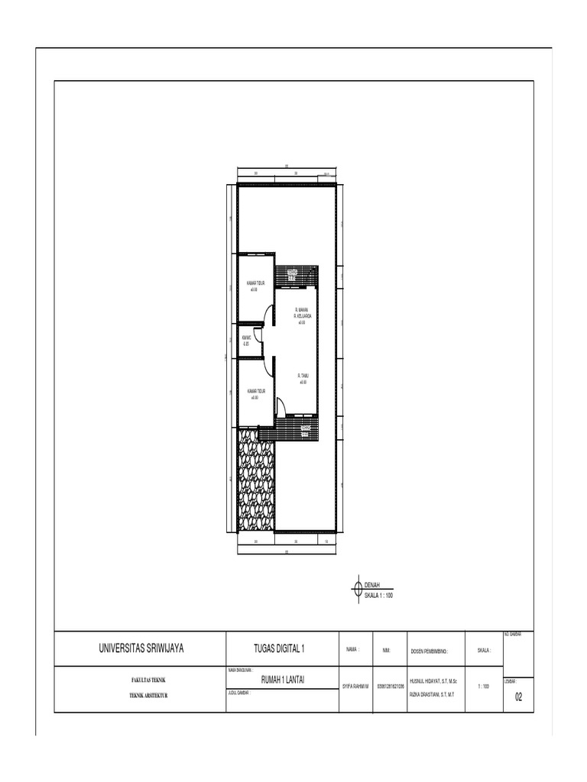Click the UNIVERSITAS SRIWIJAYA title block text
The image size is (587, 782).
[141, 649]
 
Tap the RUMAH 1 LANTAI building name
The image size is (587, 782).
[283, 679]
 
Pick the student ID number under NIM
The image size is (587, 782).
[390, 687]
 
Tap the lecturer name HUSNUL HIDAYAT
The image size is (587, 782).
[433, 680]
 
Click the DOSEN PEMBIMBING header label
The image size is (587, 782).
[429, 651]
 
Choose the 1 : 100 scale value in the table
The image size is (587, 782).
[483, 687]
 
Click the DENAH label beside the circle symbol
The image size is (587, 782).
[373, 584]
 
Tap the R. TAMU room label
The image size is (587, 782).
[303, 376]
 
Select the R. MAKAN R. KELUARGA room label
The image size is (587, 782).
[302, 312]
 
